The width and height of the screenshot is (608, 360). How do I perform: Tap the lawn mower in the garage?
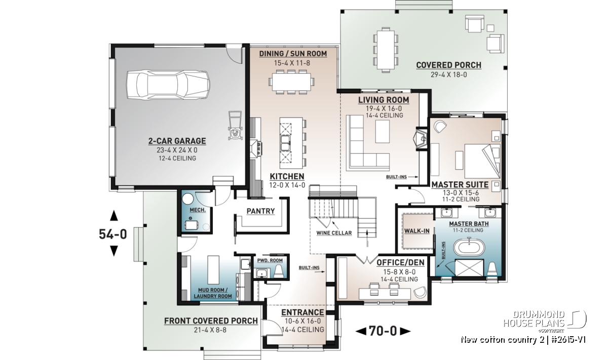click(x=235, y=126)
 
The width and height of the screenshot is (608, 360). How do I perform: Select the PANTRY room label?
click(x=260, y=211)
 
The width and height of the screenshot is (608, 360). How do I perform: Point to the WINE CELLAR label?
click(x=334, y=233)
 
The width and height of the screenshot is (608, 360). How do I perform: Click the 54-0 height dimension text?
click(x=113, y=234)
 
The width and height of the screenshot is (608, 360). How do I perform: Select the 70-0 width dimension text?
click(x=383, y=331)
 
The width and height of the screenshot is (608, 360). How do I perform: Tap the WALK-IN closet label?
click(x=416, y=231)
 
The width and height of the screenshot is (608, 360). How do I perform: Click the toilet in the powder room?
click(x=279, y=271)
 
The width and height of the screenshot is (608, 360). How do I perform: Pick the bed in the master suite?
click(x=482, y=161)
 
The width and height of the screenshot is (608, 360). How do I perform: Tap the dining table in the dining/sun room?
click(x=291, y=82)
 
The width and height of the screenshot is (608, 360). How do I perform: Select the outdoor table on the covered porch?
click(x=386, y=50)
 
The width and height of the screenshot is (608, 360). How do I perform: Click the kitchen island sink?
click(x=285, y=143)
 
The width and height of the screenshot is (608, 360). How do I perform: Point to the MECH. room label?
click(x=198, y=210)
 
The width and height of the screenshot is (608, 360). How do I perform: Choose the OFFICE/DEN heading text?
click(x=400, y=262)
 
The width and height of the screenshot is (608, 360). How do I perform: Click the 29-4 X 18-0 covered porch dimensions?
click(x=449, y=74)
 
